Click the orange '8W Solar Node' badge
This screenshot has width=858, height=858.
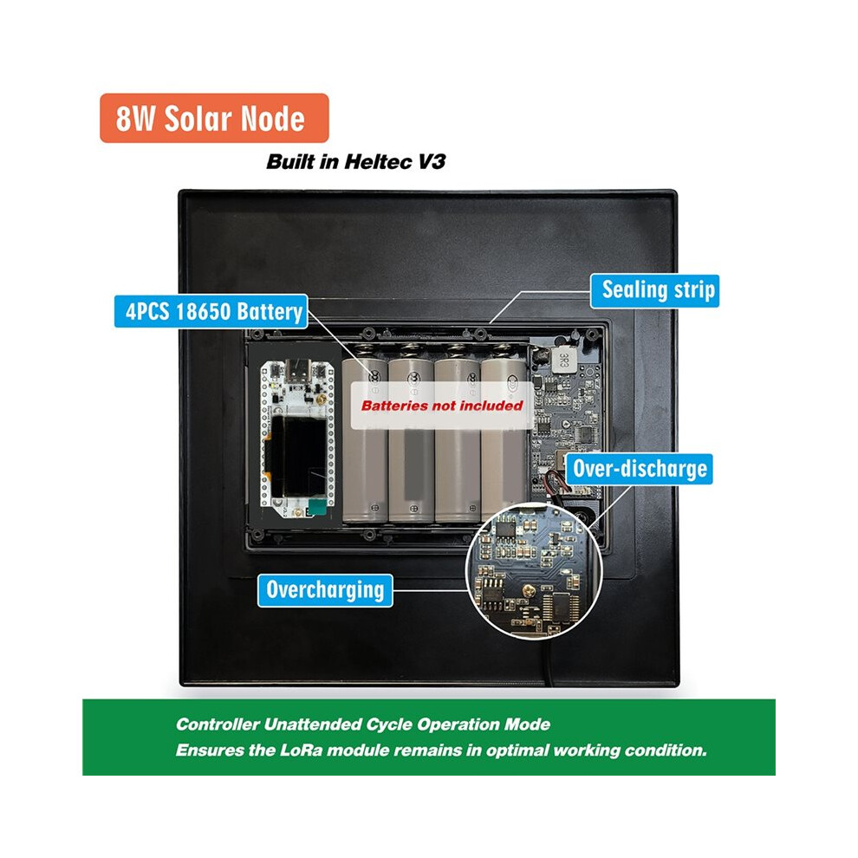[214, 118]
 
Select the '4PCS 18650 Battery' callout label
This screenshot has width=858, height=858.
[211, 311]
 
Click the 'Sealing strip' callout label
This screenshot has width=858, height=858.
[655, 290]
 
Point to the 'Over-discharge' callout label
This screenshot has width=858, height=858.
[639, 469]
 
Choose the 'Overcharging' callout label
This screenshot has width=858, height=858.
[325, 590]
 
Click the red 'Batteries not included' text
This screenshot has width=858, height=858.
[442, 406]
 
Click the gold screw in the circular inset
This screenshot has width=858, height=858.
[530, 590]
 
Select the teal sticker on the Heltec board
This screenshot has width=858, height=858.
[316, 507]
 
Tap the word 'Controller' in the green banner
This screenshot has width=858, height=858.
[218, 725]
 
